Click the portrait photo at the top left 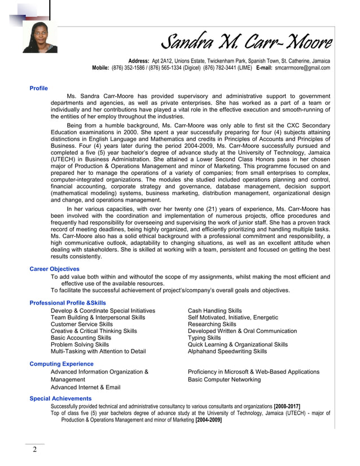pos(39,38)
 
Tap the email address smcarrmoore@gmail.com pos(302,68)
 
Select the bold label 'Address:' pos(139,60)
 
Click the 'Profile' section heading pos(38,88)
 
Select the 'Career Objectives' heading pos(54,269)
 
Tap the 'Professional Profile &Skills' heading pos(67,303)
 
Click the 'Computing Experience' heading pos(61,364)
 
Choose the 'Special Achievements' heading pos(60,399)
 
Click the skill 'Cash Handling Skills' pos(214,311)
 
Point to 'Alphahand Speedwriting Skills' pos(227,351)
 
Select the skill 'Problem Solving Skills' pos(80,345)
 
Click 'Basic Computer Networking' pos(224,380)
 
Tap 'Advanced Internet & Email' pos(85,388)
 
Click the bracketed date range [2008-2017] pos(287,406)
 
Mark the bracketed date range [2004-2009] pos(208,420)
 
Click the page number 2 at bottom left pos(34,450)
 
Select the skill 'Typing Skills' pos(204,338)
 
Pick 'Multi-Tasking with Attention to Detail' pos(98,351)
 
